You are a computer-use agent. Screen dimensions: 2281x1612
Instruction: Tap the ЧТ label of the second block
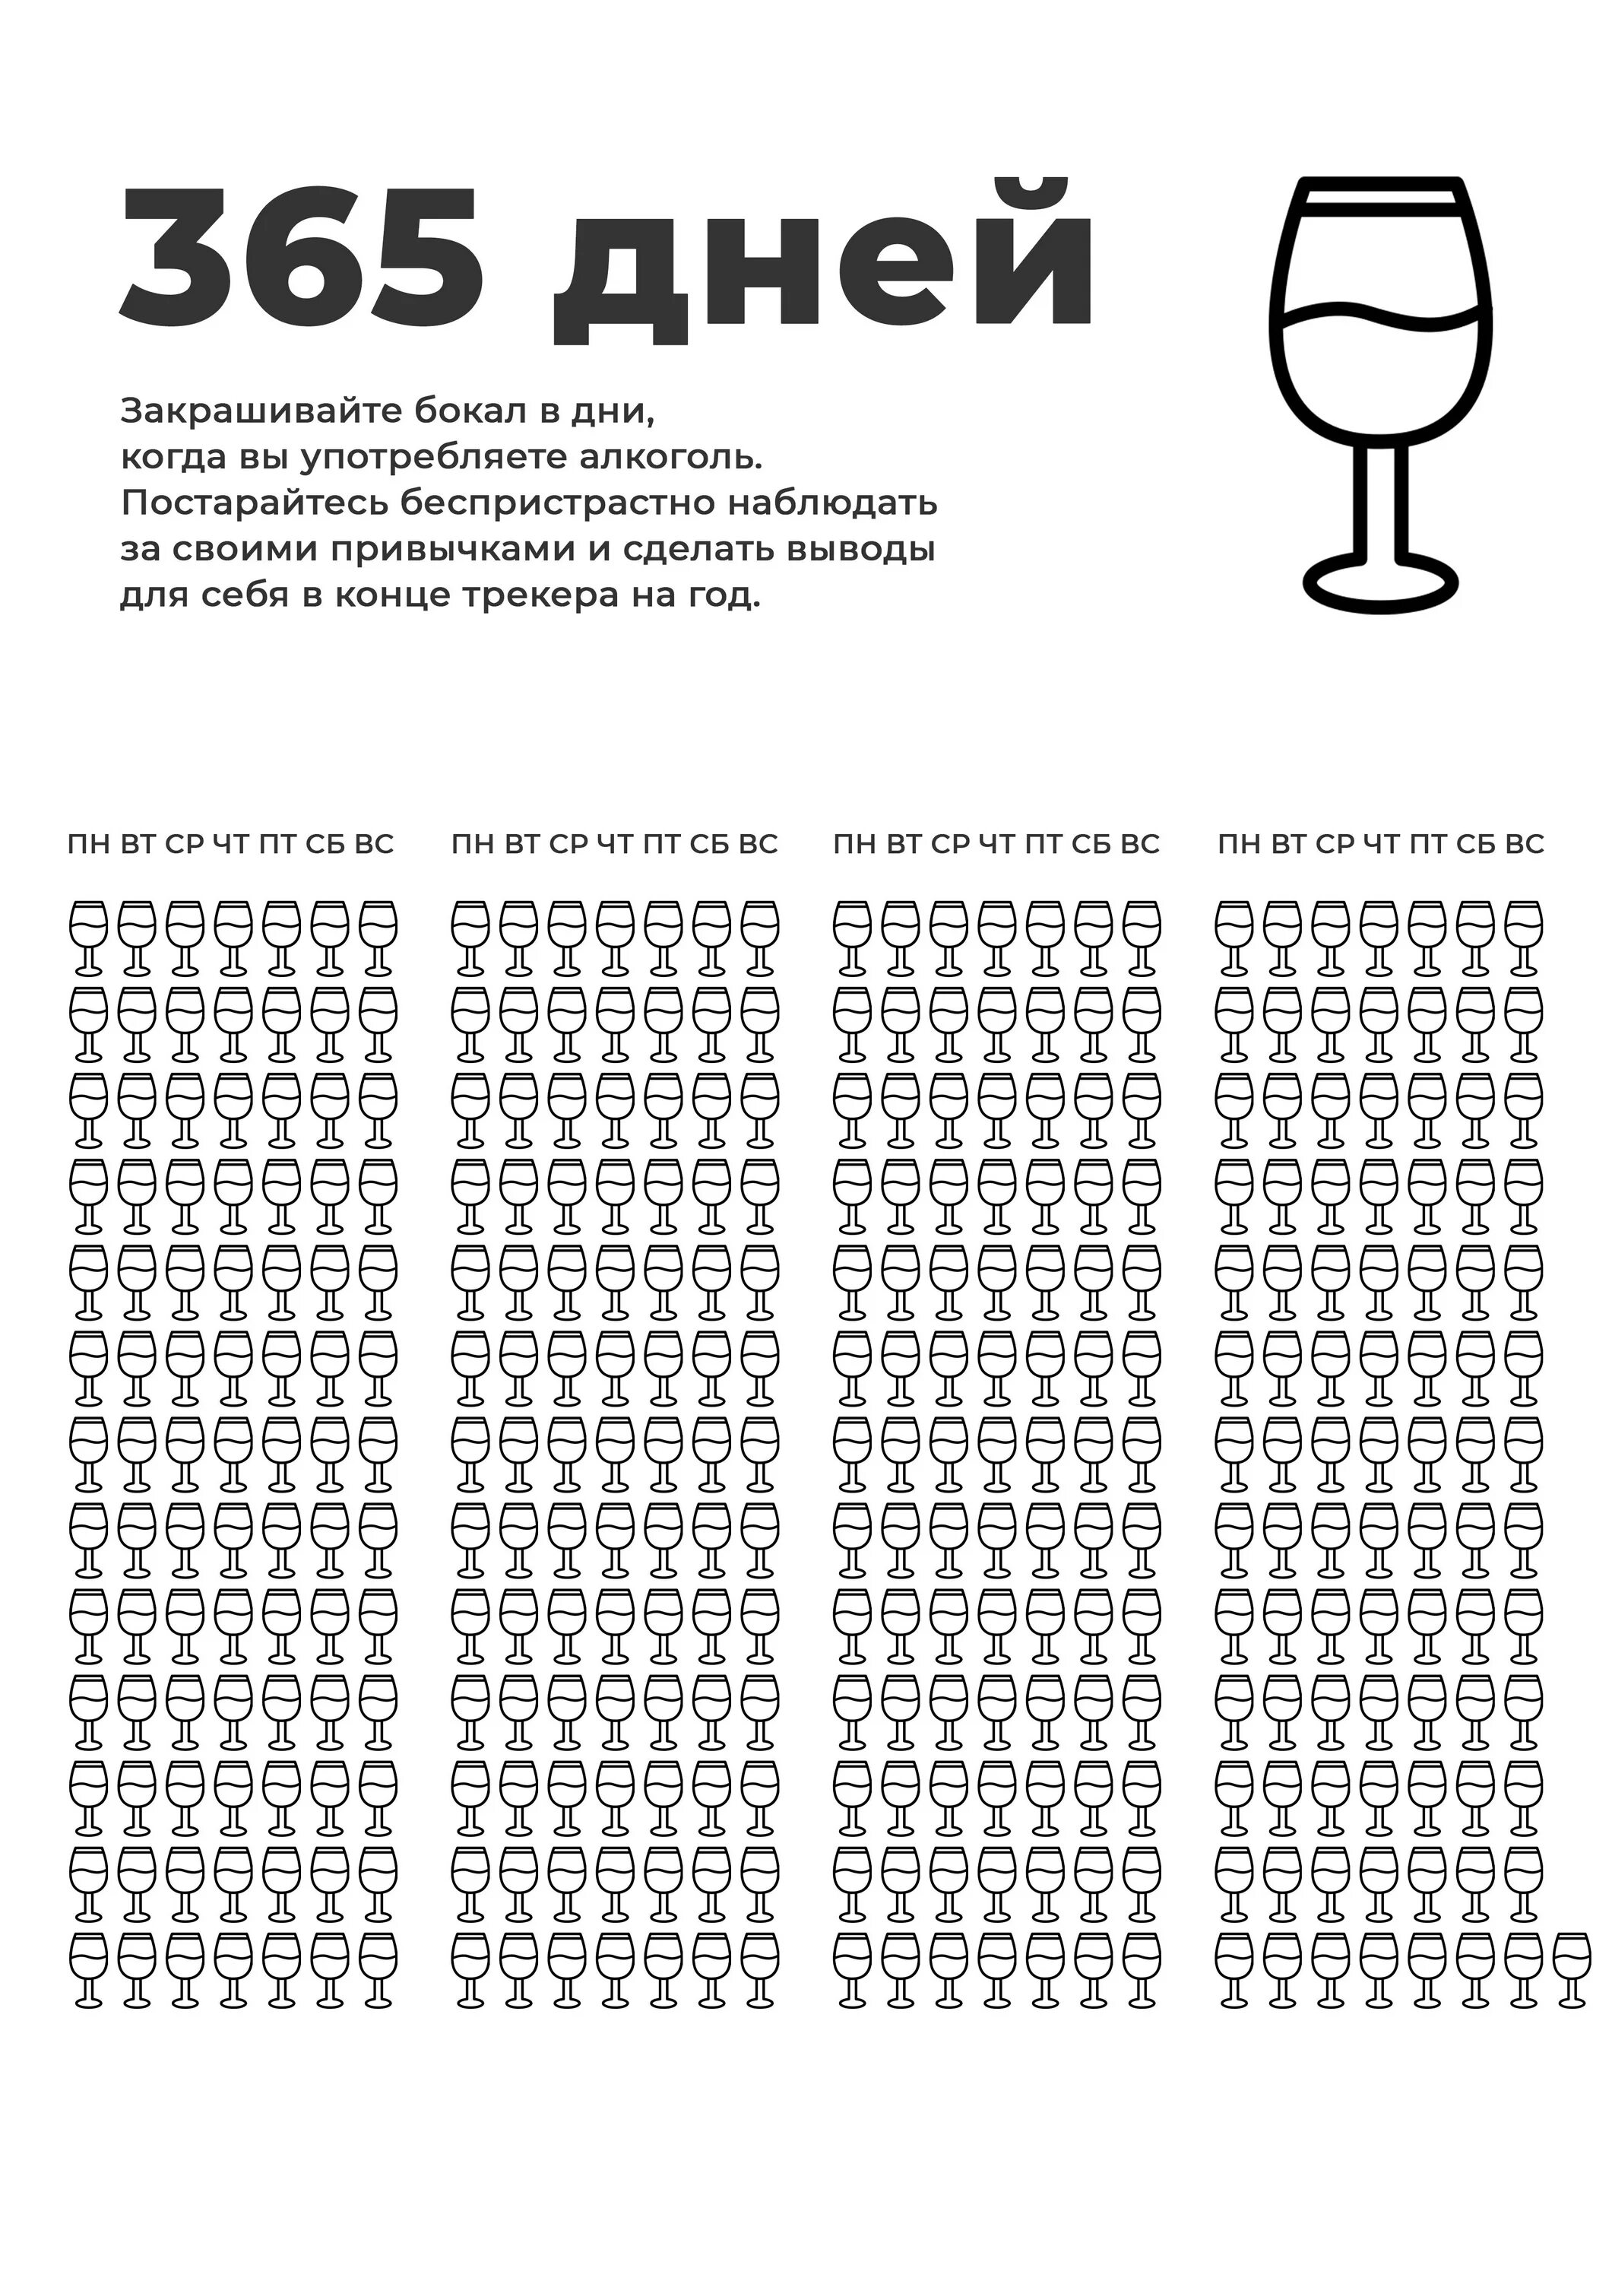615,845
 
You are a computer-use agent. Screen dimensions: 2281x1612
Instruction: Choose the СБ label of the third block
1091,845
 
